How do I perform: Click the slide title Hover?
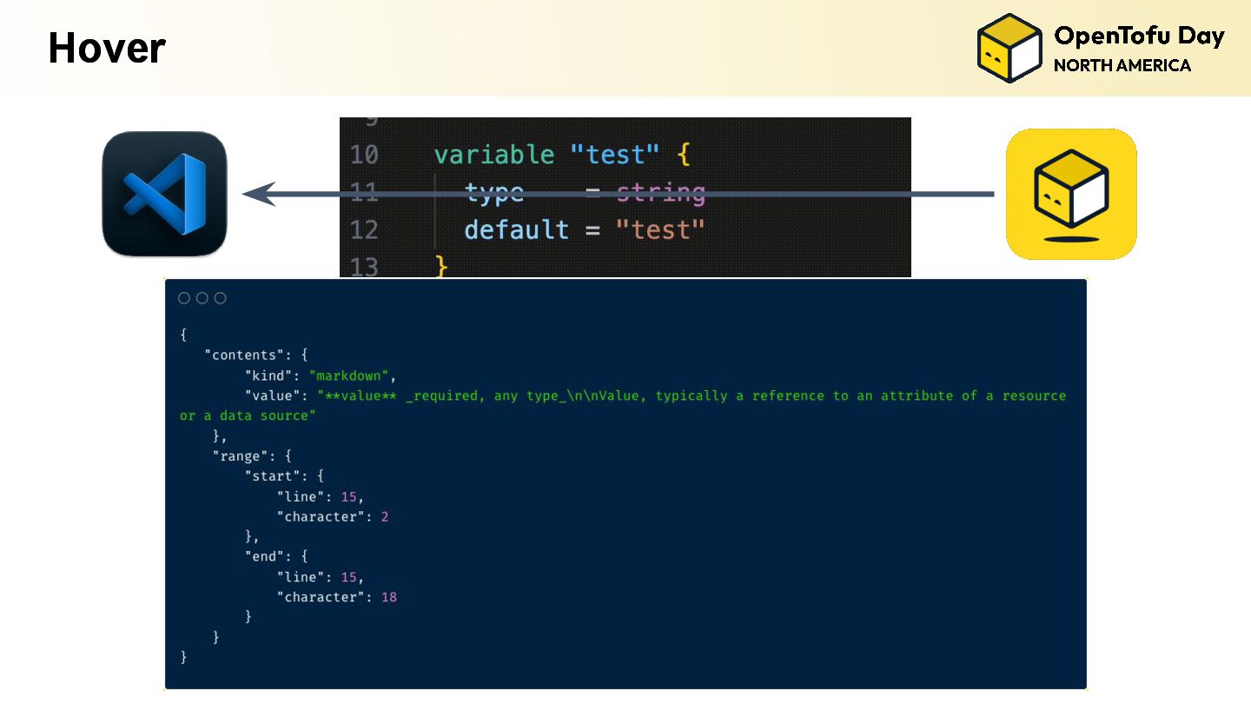pos(106,48)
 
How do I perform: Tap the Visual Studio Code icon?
pos(164,194)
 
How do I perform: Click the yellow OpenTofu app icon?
pos(1071,194)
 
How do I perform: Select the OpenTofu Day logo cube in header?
pos(1009,48)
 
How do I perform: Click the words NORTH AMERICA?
pos(1122,66)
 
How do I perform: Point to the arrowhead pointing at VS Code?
pos(258,194)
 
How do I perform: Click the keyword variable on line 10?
pos(493,155)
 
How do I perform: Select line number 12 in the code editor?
pos(364,229)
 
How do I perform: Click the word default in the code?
pos(516,229)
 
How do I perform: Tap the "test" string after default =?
pos(659,229)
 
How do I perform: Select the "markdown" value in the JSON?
pos(352,375)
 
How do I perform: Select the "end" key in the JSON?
pos(268,556)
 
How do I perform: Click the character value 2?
pos(385,516)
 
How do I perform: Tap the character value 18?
pos(388,597)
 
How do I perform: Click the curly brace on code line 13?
pos(441,266)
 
